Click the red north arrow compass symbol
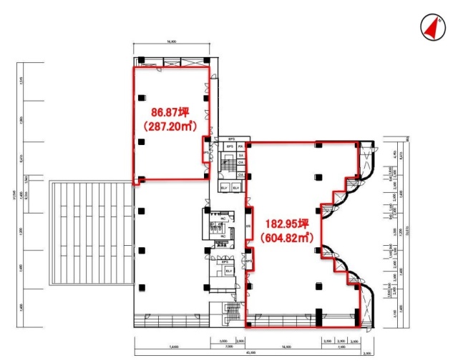pos(432,26)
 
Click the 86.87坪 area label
pos(169,112)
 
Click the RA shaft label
pos(241,146)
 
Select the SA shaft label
pos(241,155)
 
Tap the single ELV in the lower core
pos(228,271)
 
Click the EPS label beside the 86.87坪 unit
pos(206,152)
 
